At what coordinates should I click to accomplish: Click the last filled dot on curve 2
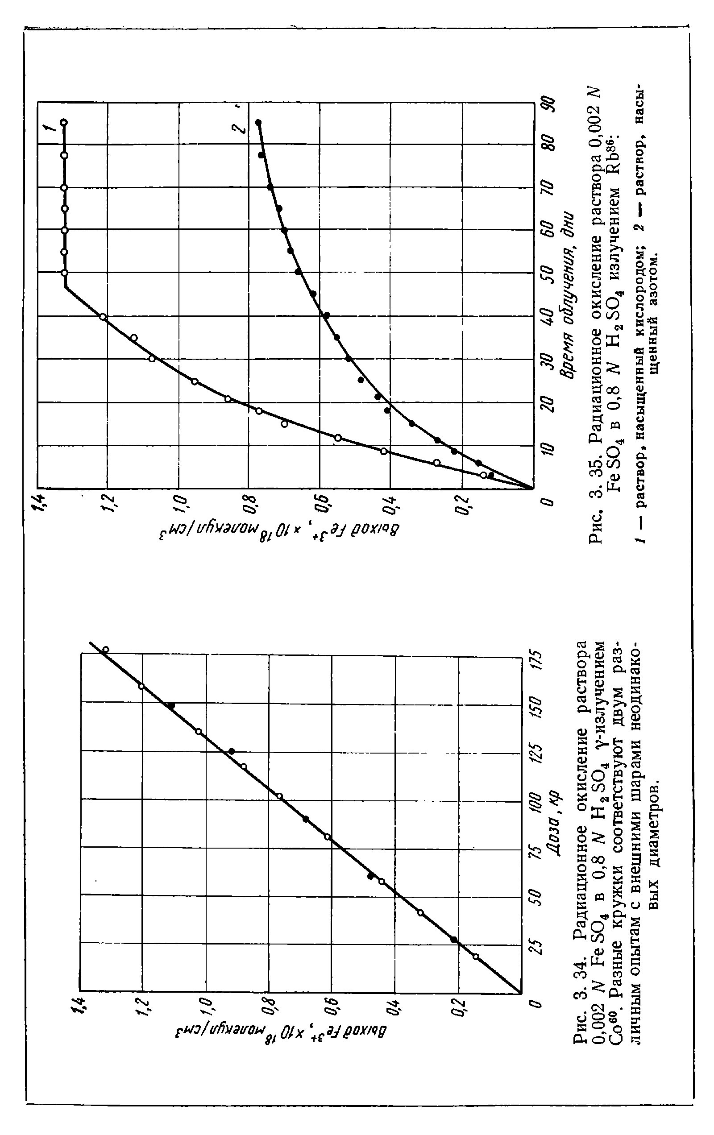258,123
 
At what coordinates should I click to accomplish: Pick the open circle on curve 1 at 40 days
103,317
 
